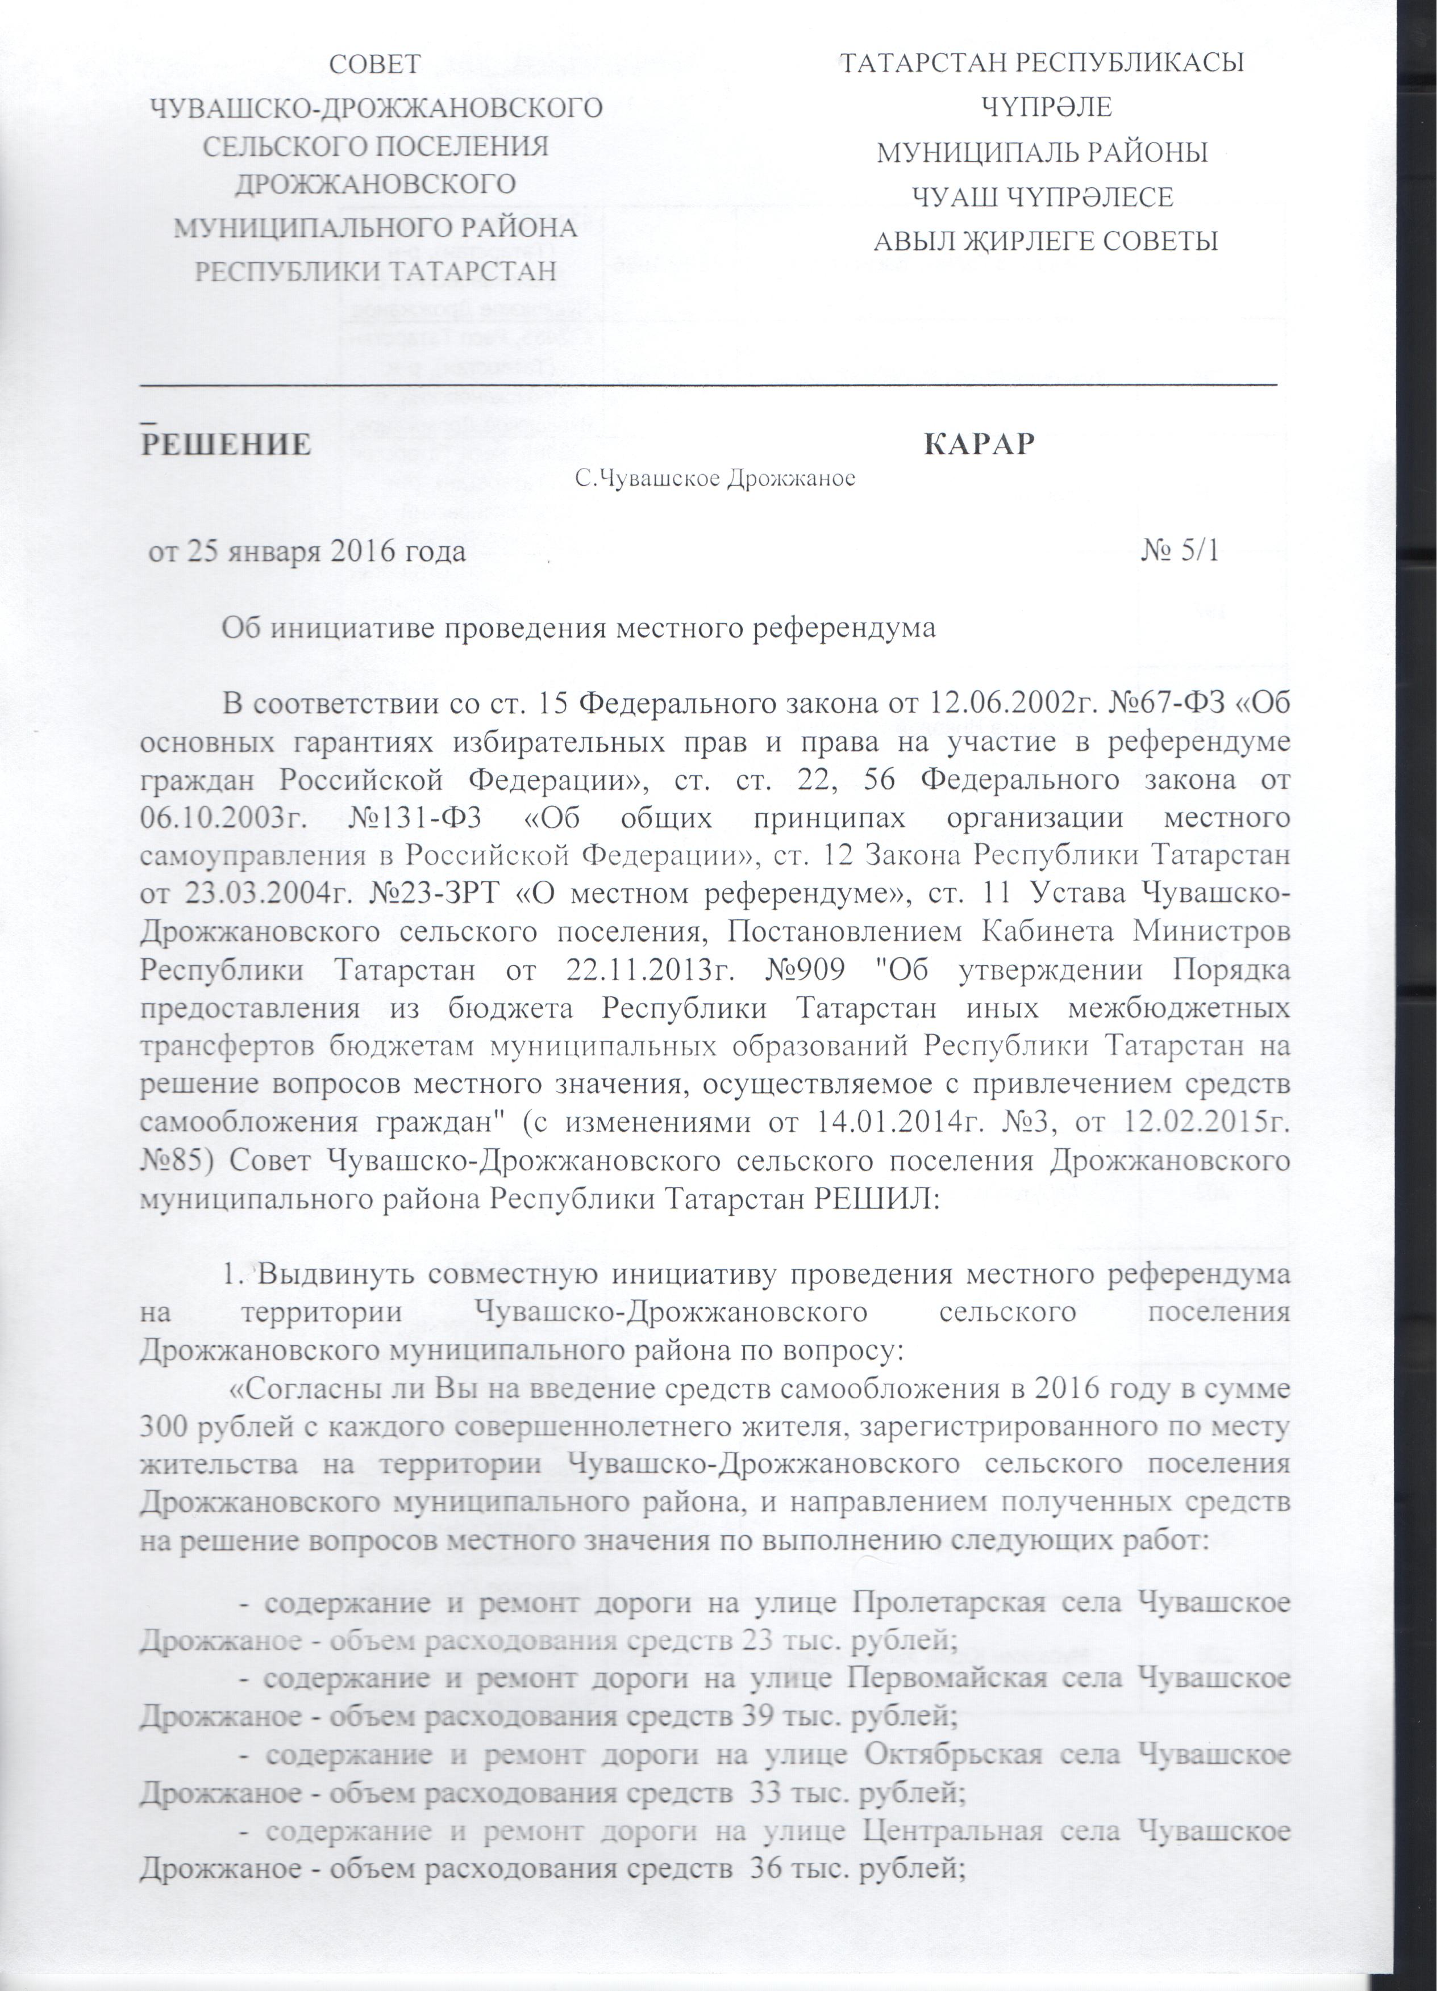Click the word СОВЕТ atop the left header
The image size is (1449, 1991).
tap(375, 64)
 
